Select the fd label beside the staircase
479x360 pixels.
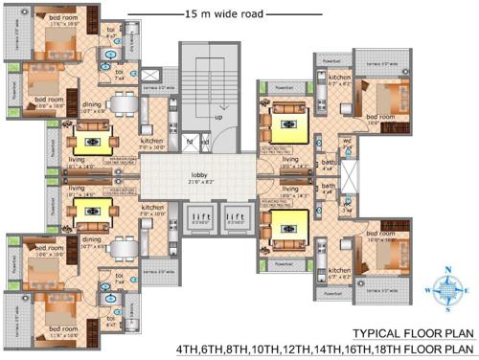tap(190, 143)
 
